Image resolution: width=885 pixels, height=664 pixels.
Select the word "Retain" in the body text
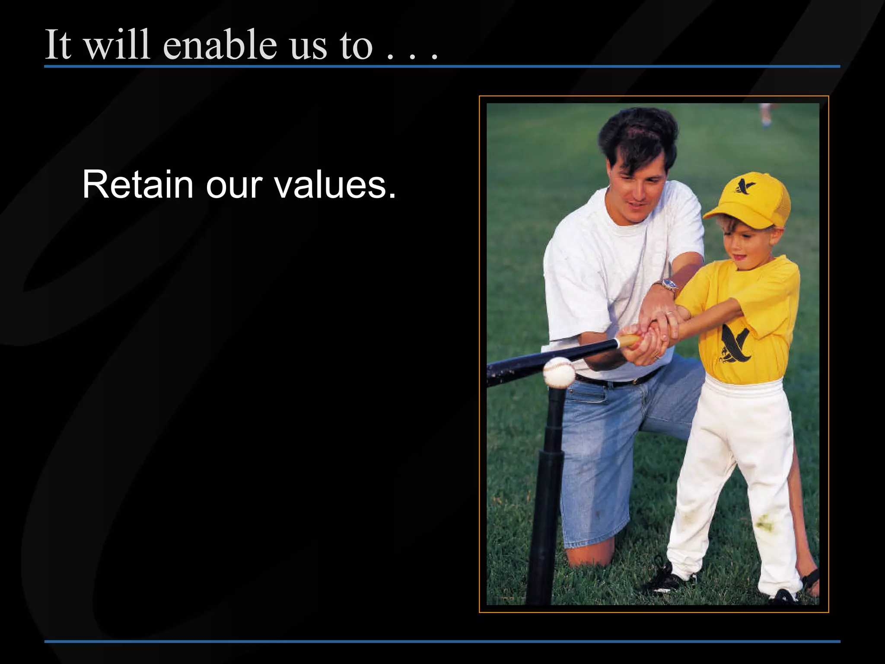click(137, 185)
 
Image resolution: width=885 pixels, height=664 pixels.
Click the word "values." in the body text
click(335, 185)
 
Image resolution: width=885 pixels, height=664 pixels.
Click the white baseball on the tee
click(559, 372)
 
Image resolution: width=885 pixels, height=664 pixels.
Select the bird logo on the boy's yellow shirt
click(735, 344)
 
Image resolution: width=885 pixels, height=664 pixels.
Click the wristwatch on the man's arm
click(670, 285)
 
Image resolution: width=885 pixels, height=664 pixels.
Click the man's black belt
click(618, 381)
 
